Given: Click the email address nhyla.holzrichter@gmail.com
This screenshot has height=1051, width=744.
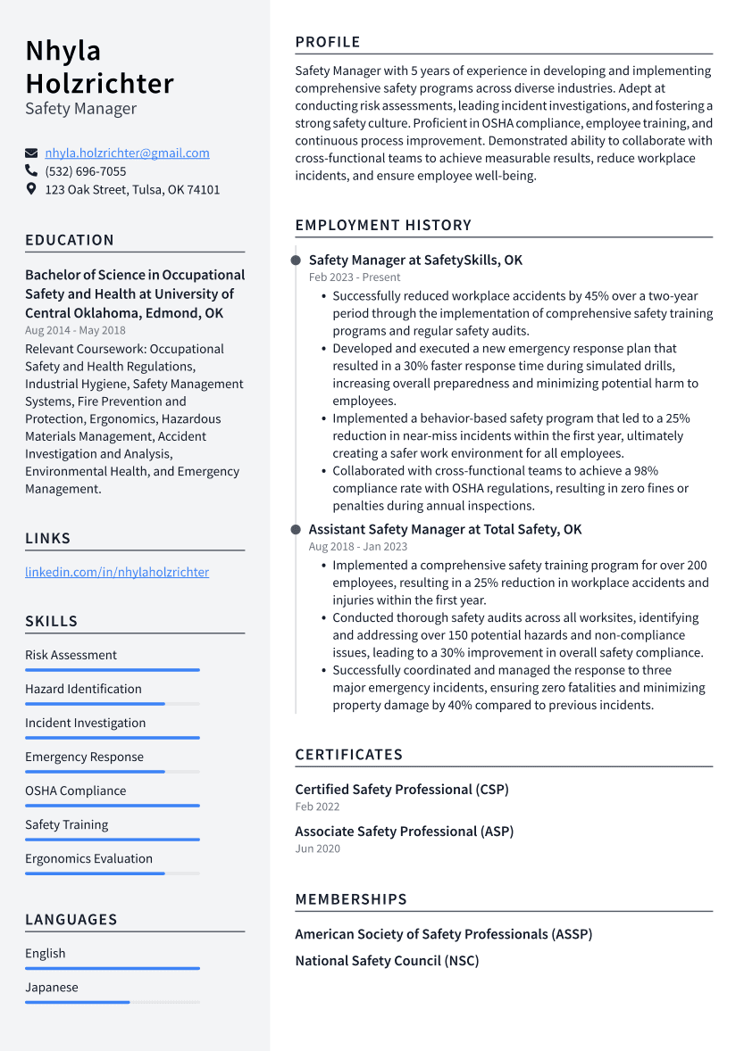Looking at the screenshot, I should [127, 153].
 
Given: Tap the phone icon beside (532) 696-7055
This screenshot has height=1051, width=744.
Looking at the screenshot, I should [31, 170].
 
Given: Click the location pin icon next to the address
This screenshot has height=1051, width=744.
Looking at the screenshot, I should [31, 189].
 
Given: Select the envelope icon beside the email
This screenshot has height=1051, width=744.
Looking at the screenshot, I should [31, 153].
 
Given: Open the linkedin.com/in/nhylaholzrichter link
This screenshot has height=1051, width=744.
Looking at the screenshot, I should [117, 572].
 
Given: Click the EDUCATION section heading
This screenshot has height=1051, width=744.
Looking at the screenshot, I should [70, 240].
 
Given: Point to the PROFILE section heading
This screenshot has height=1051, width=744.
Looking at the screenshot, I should [328, 42].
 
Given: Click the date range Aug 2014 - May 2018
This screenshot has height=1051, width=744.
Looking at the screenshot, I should [75, 331].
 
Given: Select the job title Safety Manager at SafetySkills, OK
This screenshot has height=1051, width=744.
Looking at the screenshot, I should [415, 261].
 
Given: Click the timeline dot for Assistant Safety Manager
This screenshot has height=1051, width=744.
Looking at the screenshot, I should [296, 530].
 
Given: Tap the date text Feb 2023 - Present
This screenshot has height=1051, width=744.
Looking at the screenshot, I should [355, 277].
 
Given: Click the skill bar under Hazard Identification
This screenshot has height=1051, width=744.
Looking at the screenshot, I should [112, 704].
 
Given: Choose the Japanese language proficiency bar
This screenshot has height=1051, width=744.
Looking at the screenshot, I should [112, 1002].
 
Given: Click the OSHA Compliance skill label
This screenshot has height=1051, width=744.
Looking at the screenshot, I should [75, 790].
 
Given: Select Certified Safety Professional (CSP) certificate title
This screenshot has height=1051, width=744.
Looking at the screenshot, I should [402, 790].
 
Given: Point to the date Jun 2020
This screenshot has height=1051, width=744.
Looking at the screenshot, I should [317, 848].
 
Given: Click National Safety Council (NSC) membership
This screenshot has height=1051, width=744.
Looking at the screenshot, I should [387, 961].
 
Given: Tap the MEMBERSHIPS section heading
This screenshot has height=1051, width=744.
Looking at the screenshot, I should [351, 899].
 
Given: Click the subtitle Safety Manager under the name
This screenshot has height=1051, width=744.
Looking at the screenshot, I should [80, 109].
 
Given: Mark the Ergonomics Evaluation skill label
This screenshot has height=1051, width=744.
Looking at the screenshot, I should [88, 858].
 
